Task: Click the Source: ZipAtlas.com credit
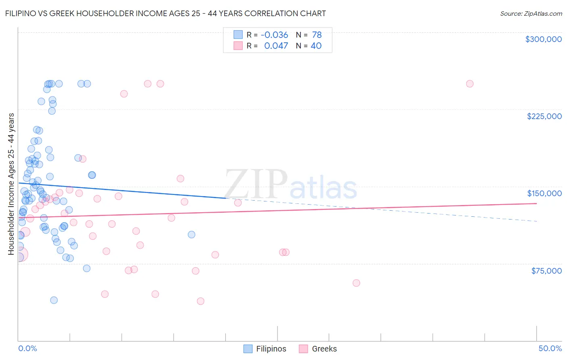pyautogui.click(x=531, y=14)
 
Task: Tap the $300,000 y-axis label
pyautogui.click(x=543, y=39)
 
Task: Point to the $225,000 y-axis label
pyautogui.click(x=544, y=116)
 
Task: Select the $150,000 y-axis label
pyautogui.click(x=544, y=193)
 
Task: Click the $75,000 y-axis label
pyautogui.click(x=546, y=271)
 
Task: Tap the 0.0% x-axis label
pyautogui.click(x=27, y=348)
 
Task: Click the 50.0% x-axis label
pyautogui.click(x=550, y=348)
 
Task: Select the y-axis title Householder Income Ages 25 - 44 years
pyautogui.click(x=11, y=184)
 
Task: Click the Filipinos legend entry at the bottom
pyautogui.click(x=265, y=349)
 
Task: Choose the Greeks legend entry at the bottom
pyautogui.click(x=318, y=349)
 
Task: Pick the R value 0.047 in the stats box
pyautogui.click(x=276, y=46)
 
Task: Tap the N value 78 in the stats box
pyautogui.click(x=317, y=35)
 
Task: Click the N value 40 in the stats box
pyautogui.click(x=316, y=46)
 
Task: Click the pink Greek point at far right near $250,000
pyautogui.click(x=469, y=84)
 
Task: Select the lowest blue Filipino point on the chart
pyautogui.click(x=54, y=300)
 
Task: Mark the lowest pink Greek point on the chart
pyautogui.click(x=200, y=301)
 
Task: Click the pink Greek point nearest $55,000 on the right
pyautogui.click(x=356, y=283)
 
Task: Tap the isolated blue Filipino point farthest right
pyautogui.click(x=192, y=234)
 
